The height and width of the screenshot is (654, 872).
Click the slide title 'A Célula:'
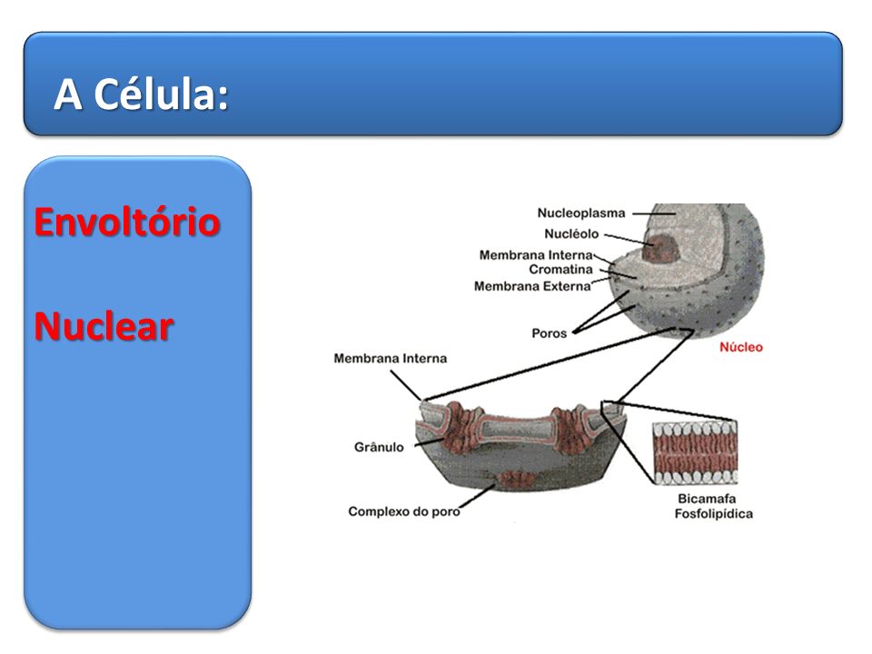[142, 94]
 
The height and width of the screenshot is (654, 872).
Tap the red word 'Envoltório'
[127, 222]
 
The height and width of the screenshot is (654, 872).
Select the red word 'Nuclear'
[104, 326]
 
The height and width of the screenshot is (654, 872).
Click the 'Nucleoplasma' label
[581, 213]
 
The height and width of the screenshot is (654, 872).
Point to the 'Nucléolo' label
[571, 234]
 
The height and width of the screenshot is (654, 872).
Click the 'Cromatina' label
[560, 270]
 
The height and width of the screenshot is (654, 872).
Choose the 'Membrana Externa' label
[532, 286]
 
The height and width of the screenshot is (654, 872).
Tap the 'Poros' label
[549, 333]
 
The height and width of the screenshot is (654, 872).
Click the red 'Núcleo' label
[741, 347]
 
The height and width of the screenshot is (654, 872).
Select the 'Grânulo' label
[379, 447]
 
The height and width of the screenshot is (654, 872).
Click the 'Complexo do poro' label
[403, 511]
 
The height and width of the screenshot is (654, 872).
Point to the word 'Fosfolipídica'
[714, 514]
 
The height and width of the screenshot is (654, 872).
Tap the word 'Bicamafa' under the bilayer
[707, 499]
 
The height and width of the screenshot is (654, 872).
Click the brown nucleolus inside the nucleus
[660, 248]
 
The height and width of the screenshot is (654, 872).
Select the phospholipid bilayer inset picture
[695, 452]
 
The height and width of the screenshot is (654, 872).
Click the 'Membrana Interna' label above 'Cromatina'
[536, 255]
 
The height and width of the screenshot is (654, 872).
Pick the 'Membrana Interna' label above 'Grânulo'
[390, 359]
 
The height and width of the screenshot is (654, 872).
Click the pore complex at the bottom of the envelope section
[517, 479]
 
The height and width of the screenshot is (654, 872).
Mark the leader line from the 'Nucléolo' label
[629, 239]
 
